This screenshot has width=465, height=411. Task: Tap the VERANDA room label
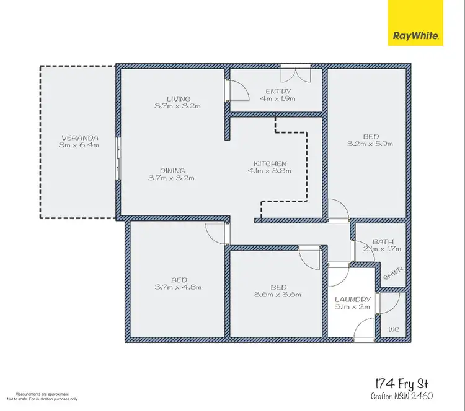(x=80, y=137)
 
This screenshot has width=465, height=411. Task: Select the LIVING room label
(x=178, y=98)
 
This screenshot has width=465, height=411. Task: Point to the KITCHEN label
(x=267, y=163)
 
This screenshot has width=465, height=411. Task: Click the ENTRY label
(x=278, y=90)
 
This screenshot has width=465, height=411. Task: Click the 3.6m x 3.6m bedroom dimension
(x=278, y=295)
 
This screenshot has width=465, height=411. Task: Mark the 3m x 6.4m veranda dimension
(x=80, y=145)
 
